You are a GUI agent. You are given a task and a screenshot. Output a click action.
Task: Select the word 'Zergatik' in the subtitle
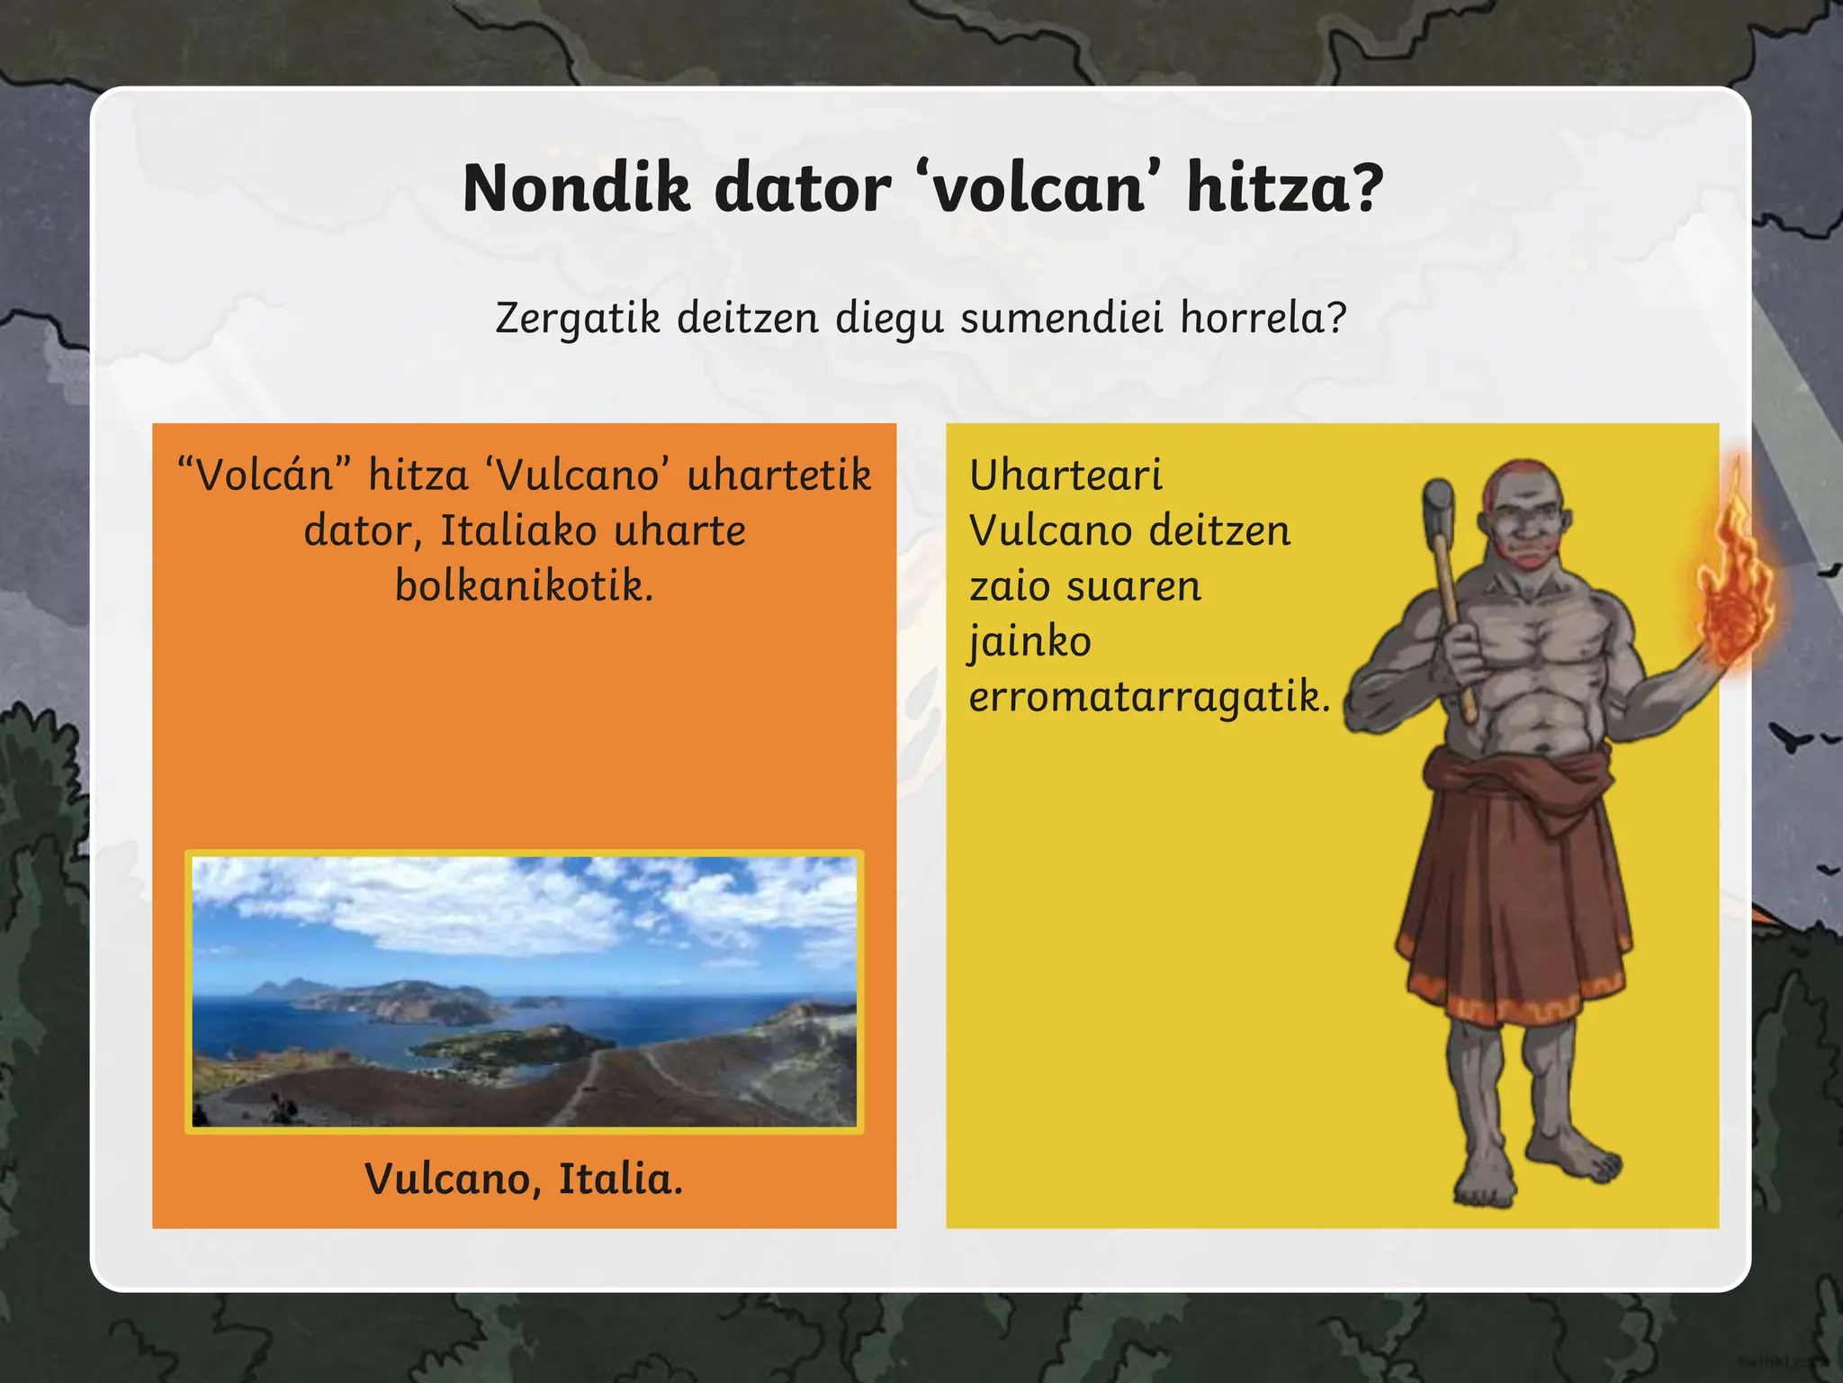(578, 318)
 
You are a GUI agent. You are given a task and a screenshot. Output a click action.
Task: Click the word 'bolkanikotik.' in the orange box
(525, 586)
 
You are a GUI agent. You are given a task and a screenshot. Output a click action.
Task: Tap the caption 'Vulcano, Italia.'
(524, 1179)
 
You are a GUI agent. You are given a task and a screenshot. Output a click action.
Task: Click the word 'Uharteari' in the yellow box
(1065, 475)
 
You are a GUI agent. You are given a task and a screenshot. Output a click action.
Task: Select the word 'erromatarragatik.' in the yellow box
(1149, 697)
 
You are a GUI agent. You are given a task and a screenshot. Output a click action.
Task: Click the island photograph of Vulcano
(525, 991)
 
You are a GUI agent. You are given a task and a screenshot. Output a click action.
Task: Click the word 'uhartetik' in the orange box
(779, 475)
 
